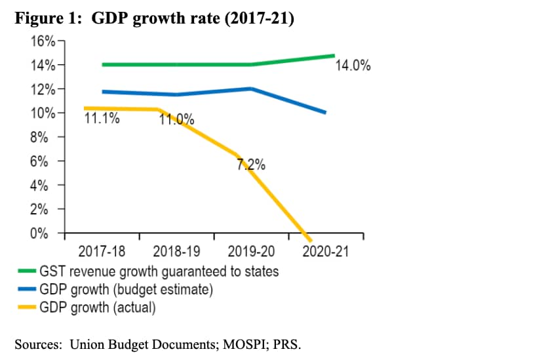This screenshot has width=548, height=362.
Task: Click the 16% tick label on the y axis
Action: click(x=43, y=41)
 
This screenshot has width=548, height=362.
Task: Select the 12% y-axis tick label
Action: click(x=43, y=89)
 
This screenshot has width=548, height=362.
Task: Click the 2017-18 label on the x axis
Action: click(x=102, y=251)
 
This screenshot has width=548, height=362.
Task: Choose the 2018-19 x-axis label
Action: click(x=176, y=251)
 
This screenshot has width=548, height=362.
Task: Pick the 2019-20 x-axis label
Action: click(x=252, y=251)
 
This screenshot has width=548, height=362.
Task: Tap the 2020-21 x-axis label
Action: click(x=326, y=251)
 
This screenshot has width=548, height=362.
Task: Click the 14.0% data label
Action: click(x=353, y=66)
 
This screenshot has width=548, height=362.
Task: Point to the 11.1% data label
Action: click(x=102, y=119)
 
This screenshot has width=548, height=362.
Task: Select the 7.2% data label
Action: click(x=251, y=165)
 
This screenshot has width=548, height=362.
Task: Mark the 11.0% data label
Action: click(x=177, y=119)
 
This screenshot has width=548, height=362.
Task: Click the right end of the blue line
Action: click(x=326, y=113)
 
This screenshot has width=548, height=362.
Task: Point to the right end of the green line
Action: click(x=333, y=56)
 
